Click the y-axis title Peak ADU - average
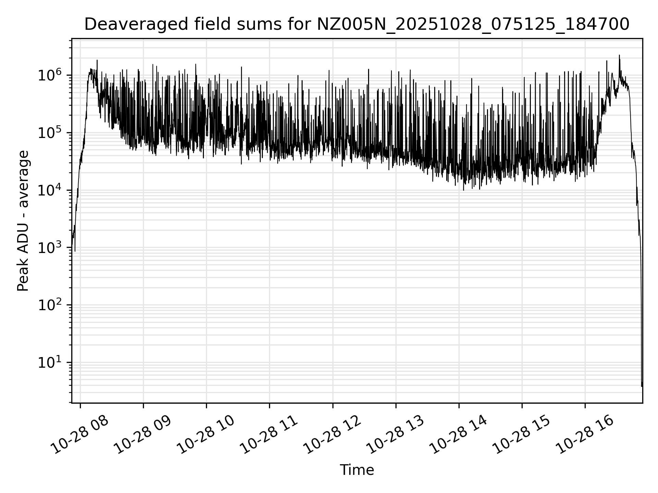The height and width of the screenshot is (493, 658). coord(23,221)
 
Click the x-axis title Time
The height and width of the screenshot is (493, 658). coord(356,470)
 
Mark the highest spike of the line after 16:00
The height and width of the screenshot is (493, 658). coord(619,55)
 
